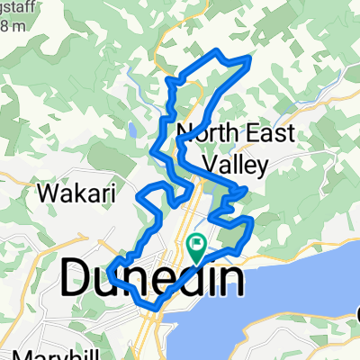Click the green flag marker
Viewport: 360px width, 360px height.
pos(196,242)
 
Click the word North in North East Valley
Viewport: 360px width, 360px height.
pos(199,133)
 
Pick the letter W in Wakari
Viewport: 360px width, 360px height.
pos(45,192)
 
